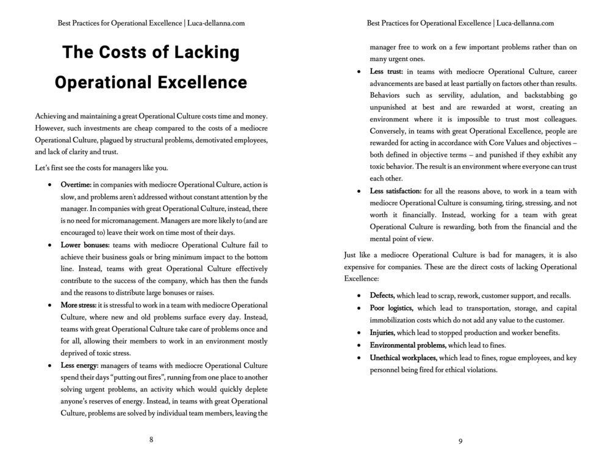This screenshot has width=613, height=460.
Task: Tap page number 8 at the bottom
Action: [x=151, y=440]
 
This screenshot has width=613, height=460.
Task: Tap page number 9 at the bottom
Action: [x=461, y=440]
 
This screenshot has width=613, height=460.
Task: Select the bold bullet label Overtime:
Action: [x=76, y=184]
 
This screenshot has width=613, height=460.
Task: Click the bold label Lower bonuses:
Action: [x=85, y=245]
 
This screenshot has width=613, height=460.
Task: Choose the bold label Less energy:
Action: [x=79, y=365]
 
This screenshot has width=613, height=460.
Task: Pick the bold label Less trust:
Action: [x=386, y=71]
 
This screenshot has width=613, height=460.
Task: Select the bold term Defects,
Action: [x=382, y=295]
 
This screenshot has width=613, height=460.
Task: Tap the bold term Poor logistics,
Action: [x=392, y=308]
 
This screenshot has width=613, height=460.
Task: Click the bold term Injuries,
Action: [x=382, y=332]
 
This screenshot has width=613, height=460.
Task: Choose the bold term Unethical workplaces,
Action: [x=403, y=358]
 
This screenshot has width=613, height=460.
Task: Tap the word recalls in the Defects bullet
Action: [x=557, y=295]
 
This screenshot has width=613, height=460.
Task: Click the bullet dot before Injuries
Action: [x=360, y=333]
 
